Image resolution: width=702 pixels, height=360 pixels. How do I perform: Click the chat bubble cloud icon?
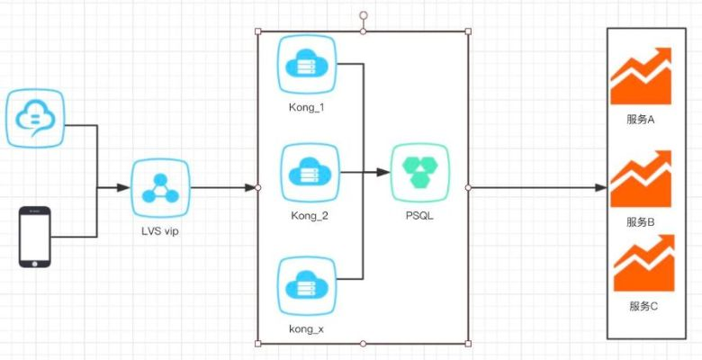[37, 117]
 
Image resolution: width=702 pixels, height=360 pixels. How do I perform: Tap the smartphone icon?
[35, 237]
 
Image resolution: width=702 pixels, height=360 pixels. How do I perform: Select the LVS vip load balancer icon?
[160, 188]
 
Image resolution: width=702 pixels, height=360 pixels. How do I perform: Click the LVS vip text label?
[160, 233]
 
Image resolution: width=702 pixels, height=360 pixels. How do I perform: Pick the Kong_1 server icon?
[307, 65]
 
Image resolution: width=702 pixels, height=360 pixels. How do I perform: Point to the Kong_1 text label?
[307, 108]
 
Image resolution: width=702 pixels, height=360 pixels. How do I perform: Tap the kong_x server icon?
[307, 285]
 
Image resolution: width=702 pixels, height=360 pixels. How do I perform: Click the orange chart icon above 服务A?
[641, 76]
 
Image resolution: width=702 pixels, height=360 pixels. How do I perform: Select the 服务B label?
[642, 221]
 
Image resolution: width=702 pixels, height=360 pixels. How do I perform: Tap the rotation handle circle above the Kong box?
[364, 15]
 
